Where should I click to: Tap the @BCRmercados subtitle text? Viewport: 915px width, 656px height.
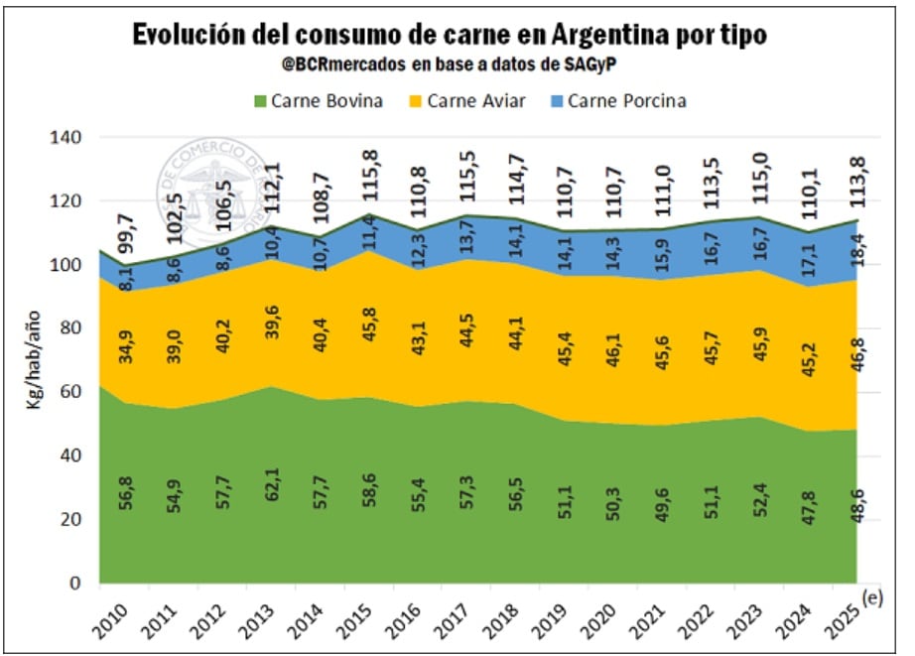[457, 65]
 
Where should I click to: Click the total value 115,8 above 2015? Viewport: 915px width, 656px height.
[370, 178]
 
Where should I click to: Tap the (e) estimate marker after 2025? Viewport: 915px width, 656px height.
[873, 597]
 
